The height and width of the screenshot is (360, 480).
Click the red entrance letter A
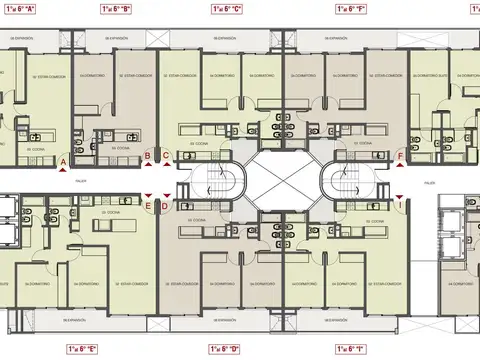62,161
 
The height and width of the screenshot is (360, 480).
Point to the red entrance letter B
147,156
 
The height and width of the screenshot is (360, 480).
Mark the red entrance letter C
165,156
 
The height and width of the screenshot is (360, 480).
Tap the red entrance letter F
400,156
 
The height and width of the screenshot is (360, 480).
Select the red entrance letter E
149,206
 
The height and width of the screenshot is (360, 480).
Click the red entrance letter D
165,206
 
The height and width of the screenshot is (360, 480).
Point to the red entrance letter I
400,206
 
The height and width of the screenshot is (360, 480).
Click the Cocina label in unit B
121,147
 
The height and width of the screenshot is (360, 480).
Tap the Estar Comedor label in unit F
380,74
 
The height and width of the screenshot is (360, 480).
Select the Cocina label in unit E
110,213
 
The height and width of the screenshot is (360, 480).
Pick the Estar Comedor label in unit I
374,284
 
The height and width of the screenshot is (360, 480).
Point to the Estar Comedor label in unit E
128,284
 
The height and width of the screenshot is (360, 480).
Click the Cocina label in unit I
376,220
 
